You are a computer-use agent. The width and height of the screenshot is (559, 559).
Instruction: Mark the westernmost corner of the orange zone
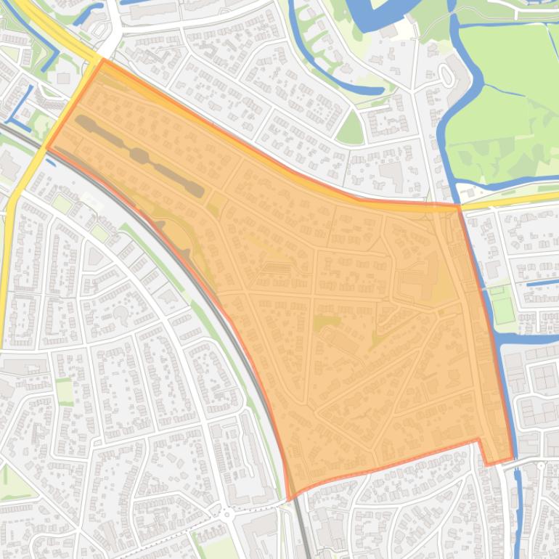click(x=47, y=147)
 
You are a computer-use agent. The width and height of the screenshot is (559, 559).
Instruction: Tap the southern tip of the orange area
click(x=290, y=499)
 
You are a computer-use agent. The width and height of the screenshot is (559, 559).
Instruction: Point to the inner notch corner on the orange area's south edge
click(x=478, y=440)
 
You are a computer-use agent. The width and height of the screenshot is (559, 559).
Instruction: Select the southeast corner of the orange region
click(x=513, y=459)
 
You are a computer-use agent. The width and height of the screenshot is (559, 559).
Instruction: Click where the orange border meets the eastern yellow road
click(x=459, y=206)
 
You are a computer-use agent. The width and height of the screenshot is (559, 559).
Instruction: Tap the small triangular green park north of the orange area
click(x=351, y=129)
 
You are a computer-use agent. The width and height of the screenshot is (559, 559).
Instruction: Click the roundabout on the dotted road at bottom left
click(x=227, y=514)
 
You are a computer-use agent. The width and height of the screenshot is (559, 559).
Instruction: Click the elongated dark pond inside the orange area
click(x=138, y=153)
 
